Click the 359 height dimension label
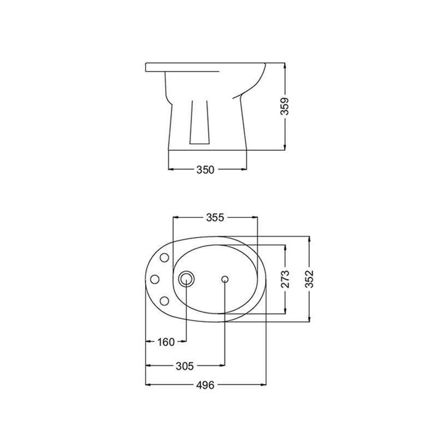coord(285,107)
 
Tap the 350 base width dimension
coord(205,170)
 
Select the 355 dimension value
coord(215,217)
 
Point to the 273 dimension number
coord(285,279)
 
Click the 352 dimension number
coord(309,279)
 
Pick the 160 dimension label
coord(166,342)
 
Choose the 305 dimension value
coord(185,366)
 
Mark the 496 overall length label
coord(205,385)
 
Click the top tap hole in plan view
coord(164,258)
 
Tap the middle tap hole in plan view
coord(155,279)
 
